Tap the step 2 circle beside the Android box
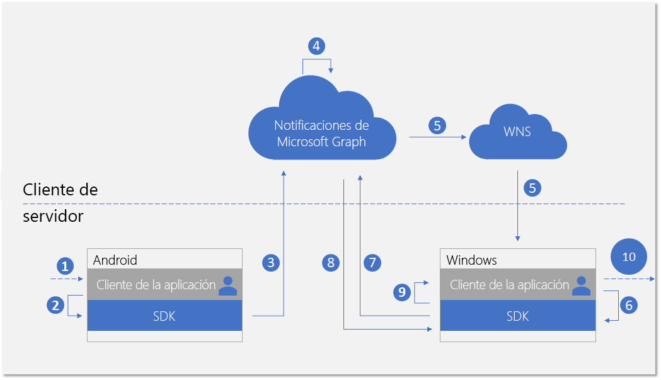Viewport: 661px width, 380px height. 56,306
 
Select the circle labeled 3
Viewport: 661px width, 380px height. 271,263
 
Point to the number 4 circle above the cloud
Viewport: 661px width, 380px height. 317,46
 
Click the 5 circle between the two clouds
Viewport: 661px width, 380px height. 438,125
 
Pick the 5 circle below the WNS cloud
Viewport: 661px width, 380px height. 532,188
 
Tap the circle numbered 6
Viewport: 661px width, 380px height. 628,305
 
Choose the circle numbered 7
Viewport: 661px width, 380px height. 372,263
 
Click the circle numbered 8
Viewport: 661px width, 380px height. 331,263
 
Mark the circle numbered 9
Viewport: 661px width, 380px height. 401,291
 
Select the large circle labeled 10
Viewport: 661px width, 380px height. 629,256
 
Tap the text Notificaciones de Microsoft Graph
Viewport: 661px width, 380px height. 321,134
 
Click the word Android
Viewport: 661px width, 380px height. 115,260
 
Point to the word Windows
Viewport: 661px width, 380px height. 472,260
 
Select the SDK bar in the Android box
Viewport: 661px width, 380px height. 164,316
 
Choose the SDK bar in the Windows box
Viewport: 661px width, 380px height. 518,316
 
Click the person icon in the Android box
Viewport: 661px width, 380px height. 227,285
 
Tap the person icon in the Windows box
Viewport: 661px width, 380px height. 581,285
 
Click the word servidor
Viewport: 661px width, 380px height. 53,216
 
